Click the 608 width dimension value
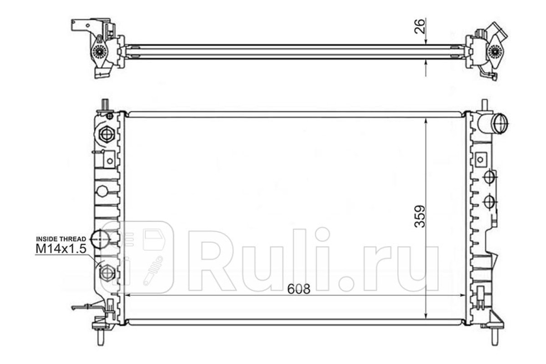pos(298,289)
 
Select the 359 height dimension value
pos(420,217)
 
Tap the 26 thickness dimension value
pos(420,26)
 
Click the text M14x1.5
pos(61,249)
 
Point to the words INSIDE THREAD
pos(61,239)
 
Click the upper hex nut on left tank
pos(107,134)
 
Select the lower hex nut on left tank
pos(107,273)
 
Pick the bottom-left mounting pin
pos(101,338)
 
